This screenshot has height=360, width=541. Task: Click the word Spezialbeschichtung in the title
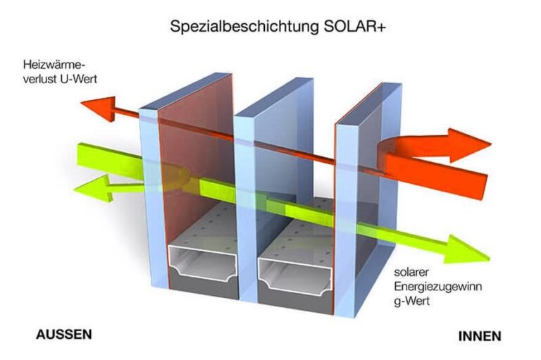click(x=244, y=27)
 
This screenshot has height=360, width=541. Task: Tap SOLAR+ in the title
click(x=355, y=26)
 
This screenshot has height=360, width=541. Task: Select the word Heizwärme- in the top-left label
click(x=54, y=65)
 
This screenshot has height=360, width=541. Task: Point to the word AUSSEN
click(x=64, y=335)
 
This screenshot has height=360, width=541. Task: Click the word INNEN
click(x=480, y=336)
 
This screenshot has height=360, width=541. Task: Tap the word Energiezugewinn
click(x=438, y=287)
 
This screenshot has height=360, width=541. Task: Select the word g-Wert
click(x=412, y=301)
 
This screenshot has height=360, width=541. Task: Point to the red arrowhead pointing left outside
click(x=100, y=107)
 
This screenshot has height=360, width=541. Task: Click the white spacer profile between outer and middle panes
click(x=203, y=261)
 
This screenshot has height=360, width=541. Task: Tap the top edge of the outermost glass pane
click(x=185, y=91)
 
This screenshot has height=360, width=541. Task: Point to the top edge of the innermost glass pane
click(x=368, y=104)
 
